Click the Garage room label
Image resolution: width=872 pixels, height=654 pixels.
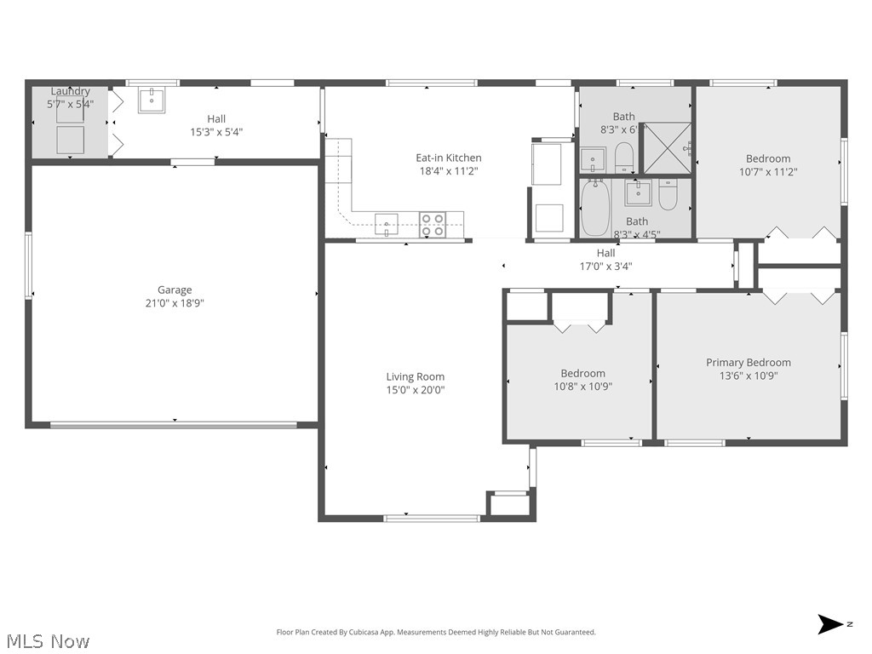coord(175,290)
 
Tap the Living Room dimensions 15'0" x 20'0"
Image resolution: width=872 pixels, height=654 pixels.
coord(416,390)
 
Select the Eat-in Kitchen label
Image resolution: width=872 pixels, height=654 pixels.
coord(448,158)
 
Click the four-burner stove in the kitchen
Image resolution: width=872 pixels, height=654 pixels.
coord(432,225)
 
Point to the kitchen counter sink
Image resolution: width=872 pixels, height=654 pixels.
coord(386,225)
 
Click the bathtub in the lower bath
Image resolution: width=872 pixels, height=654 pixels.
coord(594,209)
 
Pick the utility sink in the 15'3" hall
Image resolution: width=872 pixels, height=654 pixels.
coord(152,100)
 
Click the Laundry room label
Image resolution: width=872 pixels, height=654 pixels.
coord(70,91)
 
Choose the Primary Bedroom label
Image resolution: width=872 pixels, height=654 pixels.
coord(748,362)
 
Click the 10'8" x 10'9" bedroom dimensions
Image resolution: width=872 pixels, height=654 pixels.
coord(582,386)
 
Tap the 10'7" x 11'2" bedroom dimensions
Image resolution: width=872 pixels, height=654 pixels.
coord(767,171)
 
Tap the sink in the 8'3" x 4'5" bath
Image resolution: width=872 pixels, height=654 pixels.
coord(638,193)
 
